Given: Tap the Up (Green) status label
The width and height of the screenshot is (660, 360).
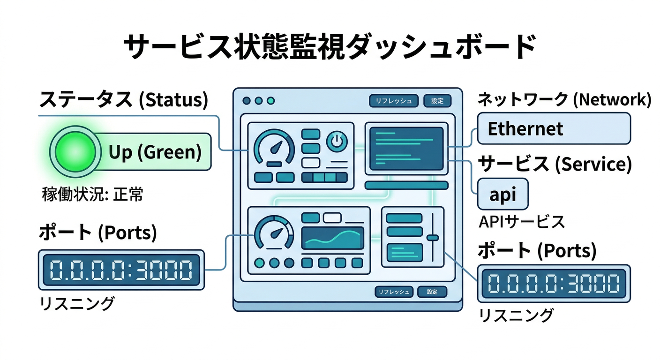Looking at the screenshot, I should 155,152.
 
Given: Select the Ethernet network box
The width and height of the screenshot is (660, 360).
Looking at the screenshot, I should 554,128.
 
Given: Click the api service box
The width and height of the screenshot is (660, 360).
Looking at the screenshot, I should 502,194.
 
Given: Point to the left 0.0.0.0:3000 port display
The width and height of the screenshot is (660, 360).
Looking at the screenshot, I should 121,270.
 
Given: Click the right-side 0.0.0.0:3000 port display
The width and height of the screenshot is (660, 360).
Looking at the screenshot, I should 554,284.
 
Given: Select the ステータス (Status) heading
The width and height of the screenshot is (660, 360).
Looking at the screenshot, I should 123,100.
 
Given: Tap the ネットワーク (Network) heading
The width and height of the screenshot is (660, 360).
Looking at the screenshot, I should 564,100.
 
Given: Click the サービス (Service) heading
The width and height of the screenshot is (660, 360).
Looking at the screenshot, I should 554,164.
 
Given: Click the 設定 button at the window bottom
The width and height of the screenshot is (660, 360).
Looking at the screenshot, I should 432,292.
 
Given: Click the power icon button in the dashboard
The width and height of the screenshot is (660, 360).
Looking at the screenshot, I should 337,141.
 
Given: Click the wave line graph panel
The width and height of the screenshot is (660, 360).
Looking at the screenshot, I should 332,239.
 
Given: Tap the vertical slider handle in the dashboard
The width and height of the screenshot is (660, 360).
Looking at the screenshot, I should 433,238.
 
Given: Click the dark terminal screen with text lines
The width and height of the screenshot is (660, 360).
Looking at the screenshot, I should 406,148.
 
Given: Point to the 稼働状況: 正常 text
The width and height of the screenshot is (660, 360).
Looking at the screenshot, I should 93,195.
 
